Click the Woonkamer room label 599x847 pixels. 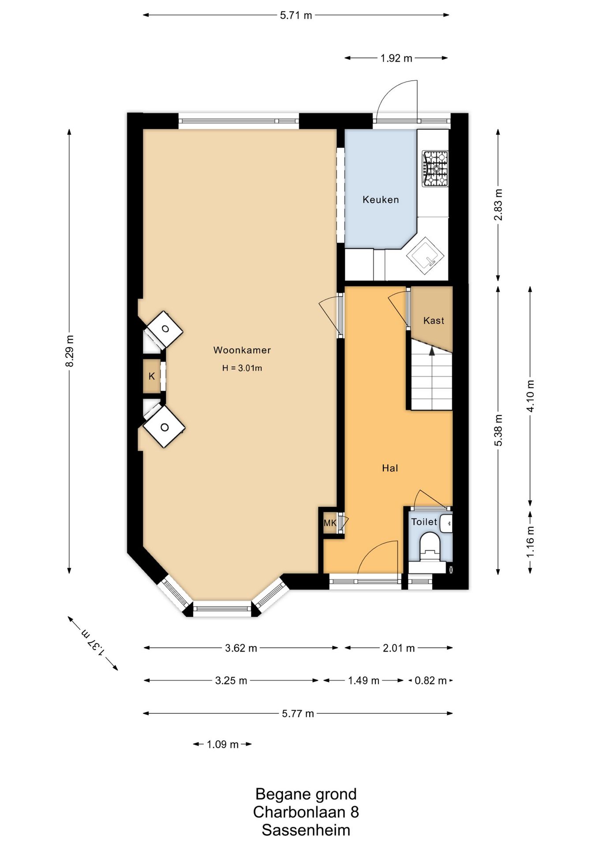[242, 350]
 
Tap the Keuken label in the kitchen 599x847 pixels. [381, 199]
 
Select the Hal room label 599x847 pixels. [390, 468]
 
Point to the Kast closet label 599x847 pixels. [434, 321]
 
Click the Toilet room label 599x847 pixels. [424, 522]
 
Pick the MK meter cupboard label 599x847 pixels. [330, 523]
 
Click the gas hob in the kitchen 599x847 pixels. [435, 169]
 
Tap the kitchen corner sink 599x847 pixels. [425, 255]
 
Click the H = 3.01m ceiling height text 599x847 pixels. [242, 368]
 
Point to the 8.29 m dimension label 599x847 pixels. [70, 351]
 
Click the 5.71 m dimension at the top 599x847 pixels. [296, 15]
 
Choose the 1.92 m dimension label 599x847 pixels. [396, 58]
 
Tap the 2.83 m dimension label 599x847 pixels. [498, 205]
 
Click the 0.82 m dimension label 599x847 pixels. [431, 681]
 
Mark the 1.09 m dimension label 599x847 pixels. [223, 745]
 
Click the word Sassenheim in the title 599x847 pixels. [306, 830]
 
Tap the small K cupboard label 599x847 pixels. [152, 376]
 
